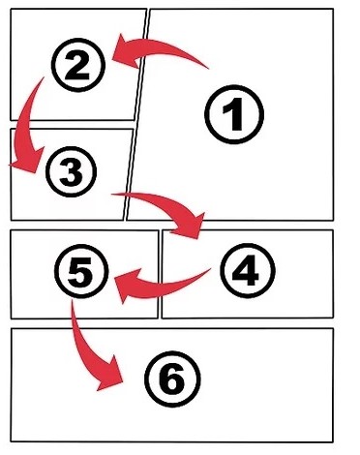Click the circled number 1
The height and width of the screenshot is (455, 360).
pos(234,114)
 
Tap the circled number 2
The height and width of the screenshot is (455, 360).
pos(78,65)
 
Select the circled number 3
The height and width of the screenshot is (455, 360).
pos(71,171)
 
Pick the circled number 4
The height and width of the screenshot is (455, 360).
pos(248,271)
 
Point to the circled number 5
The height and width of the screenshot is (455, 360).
pos(81,271)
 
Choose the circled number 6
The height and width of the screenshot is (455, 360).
pos(172,379)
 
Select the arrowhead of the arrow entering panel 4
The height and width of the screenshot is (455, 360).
pos(191,226)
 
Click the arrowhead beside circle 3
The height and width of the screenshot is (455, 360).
pos(28,162)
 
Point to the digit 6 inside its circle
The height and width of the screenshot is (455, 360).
pos(172,379)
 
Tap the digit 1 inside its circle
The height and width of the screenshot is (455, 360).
pos(233,114)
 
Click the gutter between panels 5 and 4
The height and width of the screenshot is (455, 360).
pos(160,274)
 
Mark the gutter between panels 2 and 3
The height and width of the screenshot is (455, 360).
pos(73,124)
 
